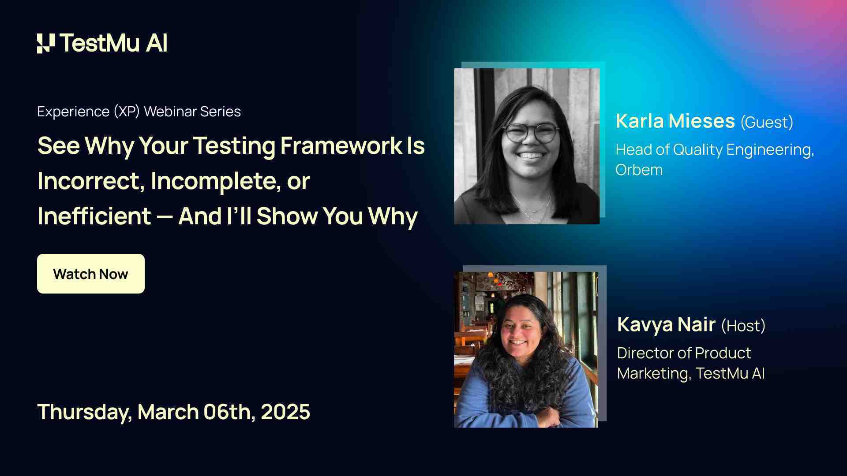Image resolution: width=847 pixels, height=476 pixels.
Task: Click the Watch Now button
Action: (90, 274)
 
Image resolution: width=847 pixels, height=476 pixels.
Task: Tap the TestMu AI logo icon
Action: (46, 43)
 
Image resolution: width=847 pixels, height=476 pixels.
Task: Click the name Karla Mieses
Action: (675, 121)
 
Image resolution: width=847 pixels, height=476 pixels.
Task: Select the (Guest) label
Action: (767, 122)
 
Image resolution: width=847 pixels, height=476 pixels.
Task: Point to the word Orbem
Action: (639, 170)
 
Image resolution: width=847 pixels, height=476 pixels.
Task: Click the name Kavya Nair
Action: (666, 324)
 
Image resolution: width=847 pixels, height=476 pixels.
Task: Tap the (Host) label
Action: (743, 326)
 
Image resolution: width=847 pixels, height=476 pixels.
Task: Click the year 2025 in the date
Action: (285, 412)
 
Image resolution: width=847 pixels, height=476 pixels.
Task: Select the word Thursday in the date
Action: (84, 412)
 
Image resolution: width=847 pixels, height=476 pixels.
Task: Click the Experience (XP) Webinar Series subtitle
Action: (139, 112)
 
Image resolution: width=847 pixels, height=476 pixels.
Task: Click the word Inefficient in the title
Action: (94, 216)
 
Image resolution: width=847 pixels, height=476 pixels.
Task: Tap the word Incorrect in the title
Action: (90, 181)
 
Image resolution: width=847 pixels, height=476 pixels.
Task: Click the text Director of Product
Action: (684, 353)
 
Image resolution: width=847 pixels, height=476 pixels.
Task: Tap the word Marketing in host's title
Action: (653, 373)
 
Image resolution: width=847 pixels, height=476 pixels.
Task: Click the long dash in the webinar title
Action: (164, 217)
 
